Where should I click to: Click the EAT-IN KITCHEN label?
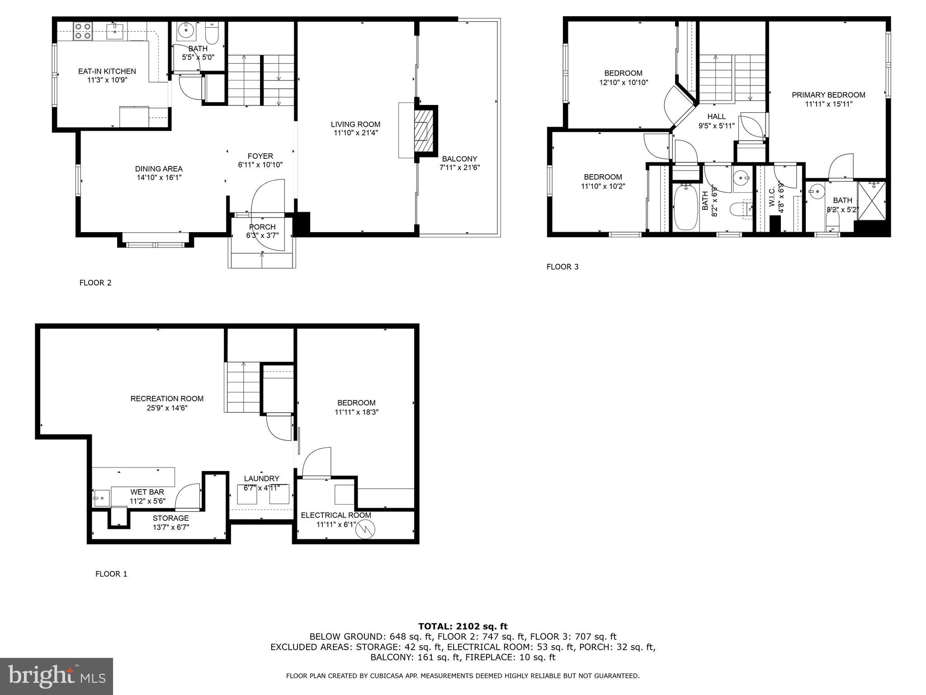[x=107, y=71]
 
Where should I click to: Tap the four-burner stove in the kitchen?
[x=82, y=31]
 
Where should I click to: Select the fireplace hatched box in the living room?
[x=424, y=131]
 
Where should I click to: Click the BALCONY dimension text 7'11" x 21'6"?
[x=459, y=167]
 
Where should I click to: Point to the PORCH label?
[x=262, y=227]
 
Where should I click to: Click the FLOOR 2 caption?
[x=95, y=283]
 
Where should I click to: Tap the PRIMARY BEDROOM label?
[x=828, y=95]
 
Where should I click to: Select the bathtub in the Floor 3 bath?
[x=686, y=209]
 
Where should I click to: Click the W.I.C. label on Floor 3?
[x=772, y=195]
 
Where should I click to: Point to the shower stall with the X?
[x=872, y=200]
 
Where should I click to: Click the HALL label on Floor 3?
[x=717, y=117]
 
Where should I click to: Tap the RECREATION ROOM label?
[x=167, y=399]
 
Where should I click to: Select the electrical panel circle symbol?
[x=365, y=529]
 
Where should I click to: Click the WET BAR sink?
[x=102, y=498]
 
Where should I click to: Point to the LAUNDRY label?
[x=261, y=479]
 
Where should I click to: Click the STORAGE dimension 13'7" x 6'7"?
[x=170, y=527]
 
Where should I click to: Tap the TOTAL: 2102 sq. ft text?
[x=463, y=626]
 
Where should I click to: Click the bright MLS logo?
[x=57, y=676]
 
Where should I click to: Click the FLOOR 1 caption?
[x=111, y=574]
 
